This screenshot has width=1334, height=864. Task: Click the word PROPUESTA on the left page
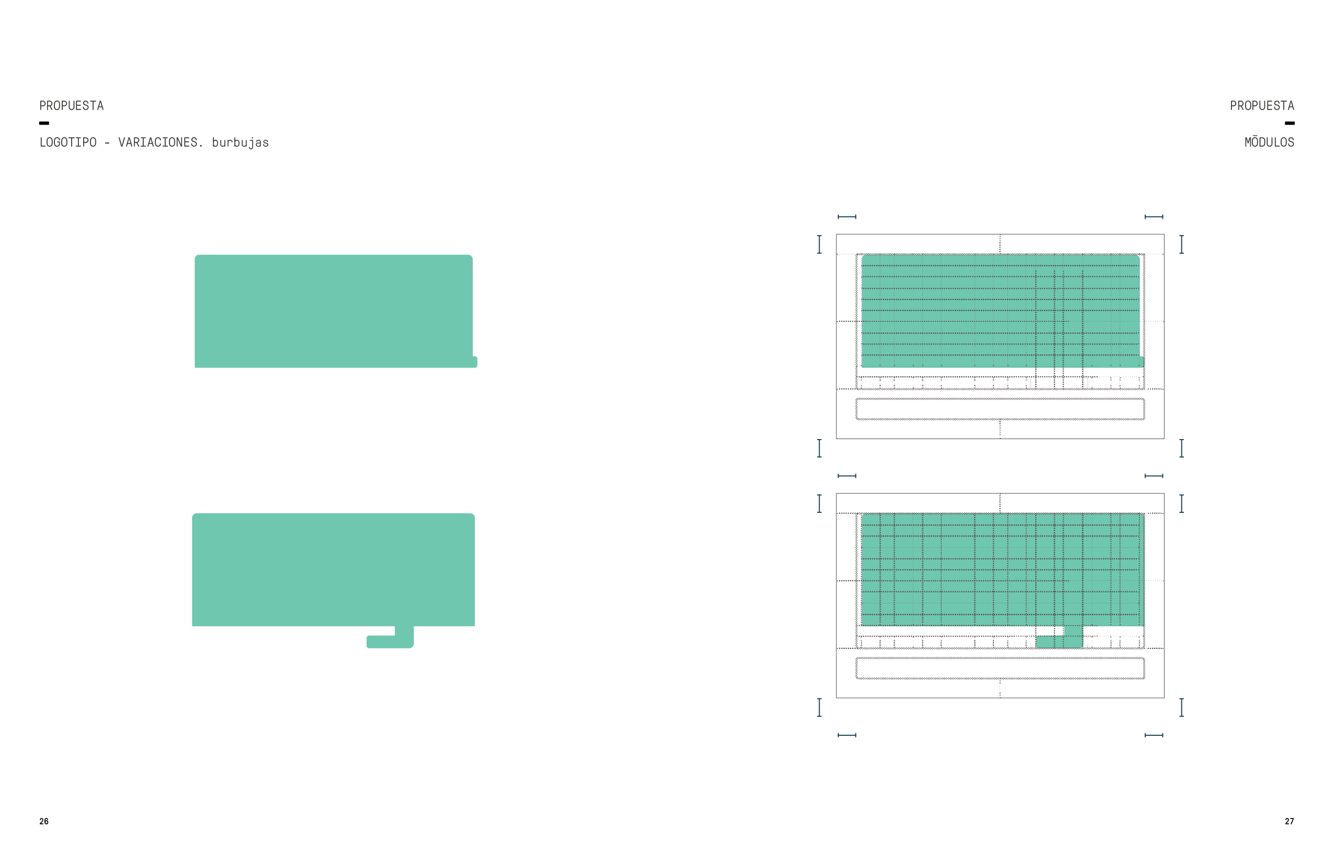click(71, 106)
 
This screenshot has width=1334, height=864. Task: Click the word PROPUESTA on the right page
click(1262, 106)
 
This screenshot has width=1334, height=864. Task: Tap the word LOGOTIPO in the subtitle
click(68, 142)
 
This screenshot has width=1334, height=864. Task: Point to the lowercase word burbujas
click(240, 143)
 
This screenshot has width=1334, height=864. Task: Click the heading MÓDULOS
click(1269, 142)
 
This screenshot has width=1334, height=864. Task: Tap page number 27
click(1289, 822)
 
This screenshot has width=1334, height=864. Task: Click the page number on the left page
click(44, 822)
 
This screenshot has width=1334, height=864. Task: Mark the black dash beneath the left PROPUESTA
click(44, 123)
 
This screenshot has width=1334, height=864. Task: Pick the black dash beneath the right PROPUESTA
click(1290, 123)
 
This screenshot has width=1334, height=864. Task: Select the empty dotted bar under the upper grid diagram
click(1000, 409)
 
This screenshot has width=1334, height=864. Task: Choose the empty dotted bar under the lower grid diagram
click(1000, 668)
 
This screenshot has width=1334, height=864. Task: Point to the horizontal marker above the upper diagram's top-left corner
click(846, 217)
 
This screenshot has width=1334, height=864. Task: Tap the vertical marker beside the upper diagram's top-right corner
click(1181, 244)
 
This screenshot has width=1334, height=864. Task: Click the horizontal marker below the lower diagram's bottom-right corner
click(1154, 735)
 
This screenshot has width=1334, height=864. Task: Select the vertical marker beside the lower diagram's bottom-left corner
click(819, 708)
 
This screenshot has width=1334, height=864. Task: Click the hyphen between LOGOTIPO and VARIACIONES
click(107, 143)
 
